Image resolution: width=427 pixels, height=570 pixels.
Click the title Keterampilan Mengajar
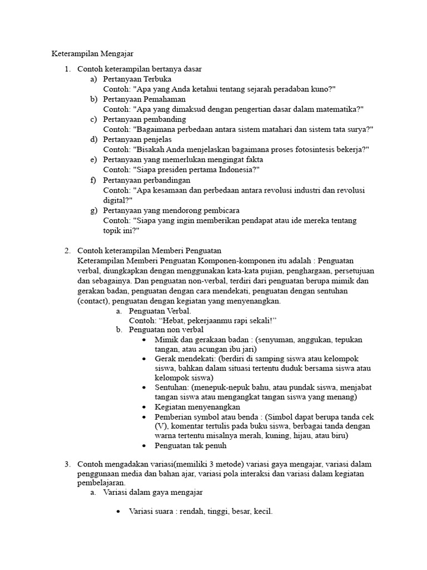pos(93,54)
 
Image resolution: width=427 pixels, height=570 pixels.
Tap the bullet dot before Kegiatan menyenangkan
pos(144,407)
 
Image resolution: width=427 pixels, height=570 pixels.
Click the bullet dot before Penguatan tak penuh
pos(144,446)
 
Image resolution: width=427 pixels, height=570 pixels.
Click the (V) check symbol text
pos(161,426)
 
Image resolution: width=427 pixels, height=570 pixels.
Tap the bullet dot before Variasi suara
pos(118,512)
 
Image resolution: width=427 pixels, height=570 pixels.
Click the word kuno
pos(322,89)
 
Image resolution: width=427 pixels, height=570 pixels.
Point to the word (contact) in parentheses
pos(93,301)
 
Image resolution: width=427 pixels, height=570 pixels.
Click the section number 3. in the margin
pos(67,464)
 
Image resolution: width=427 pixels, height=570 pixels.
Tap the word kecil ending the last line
pos(262,512)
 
